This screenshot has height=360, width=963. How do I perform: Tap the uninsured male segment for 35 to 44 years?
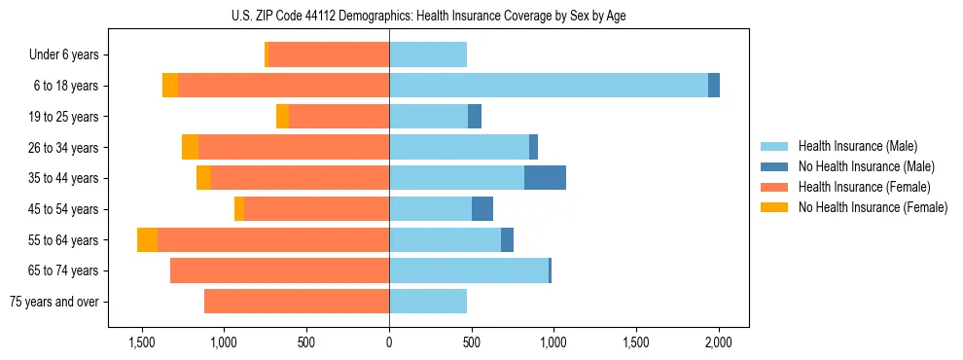(545, 178)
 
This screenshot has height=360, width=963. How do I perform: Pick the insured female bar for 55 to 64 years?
(273, 240)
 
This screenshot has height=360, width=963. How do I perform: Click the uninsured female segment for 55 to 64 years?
(147, 240)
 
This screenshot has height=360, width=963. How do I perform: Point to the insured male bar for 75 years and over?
(428, 302)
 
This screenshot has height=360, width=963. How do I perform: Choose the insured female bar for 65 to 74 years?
(279, 270)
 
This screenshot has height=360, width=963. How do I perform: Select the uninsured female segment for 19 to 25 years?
(282, 117)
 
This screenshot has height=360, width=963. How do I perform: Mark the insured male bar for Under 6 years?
(428, 55)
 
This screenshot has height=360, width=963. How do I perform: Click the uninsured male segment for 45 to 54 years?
(482, 209)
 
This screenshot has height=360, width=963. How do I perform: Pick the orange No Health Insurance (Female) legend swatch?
(774, 207)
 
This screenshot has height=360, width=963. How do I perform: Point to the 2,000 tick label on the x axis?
(719, 342)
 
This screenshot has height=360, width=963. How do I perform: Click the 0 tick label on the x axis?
(389, 342)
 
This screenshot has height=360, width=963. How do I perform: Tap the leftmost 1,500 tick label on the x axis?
(142, 342)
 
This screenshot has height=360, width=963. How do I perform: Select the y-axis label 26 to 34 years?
(64, 148)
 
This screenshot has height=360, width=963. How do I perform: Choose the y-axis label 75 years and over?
(54, 302)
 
